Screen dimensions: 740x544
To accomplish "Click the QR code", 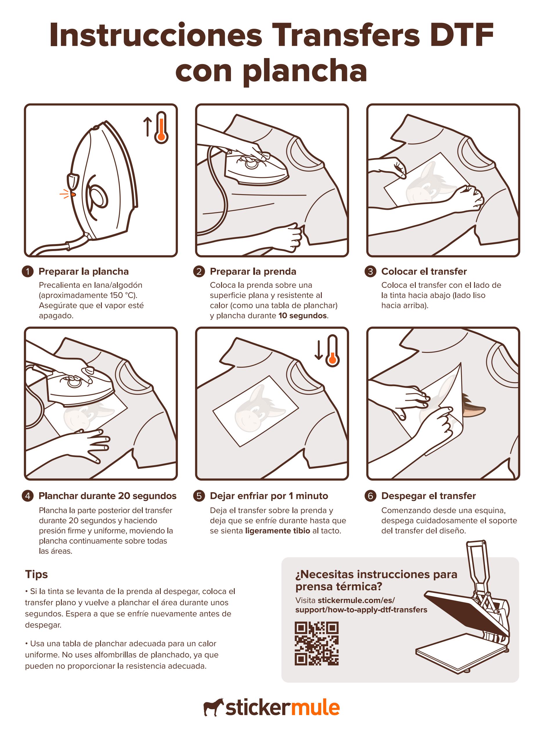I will [317, 643].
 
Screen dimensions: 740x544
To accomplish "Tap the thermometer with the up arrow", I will [161, 128].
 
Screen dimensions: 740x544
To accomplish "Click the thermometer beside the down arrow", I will [332, 351].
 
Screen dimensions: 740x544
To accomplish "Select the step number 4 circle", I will [28, 496].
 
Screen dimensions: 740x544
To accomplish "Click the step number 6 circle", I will [371, 496].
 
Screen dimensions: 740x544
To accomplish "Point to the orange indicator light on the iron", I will [73, 195].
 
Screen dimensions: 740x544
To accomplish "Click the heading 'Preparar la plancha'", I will [84, 271].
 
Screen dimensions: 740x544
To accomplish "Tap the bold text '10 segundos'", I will [303, 315].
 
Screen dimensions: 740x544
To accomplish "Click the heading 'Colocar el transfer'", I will [424, 271].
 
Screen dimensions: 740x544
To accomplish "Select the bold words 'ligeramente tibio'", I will [278, 531].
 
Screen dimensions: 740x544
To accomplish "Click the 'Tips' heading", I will [36, 574].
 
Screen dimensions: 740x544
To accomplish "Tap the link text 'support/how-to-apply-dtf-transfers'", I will [361, 610].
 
